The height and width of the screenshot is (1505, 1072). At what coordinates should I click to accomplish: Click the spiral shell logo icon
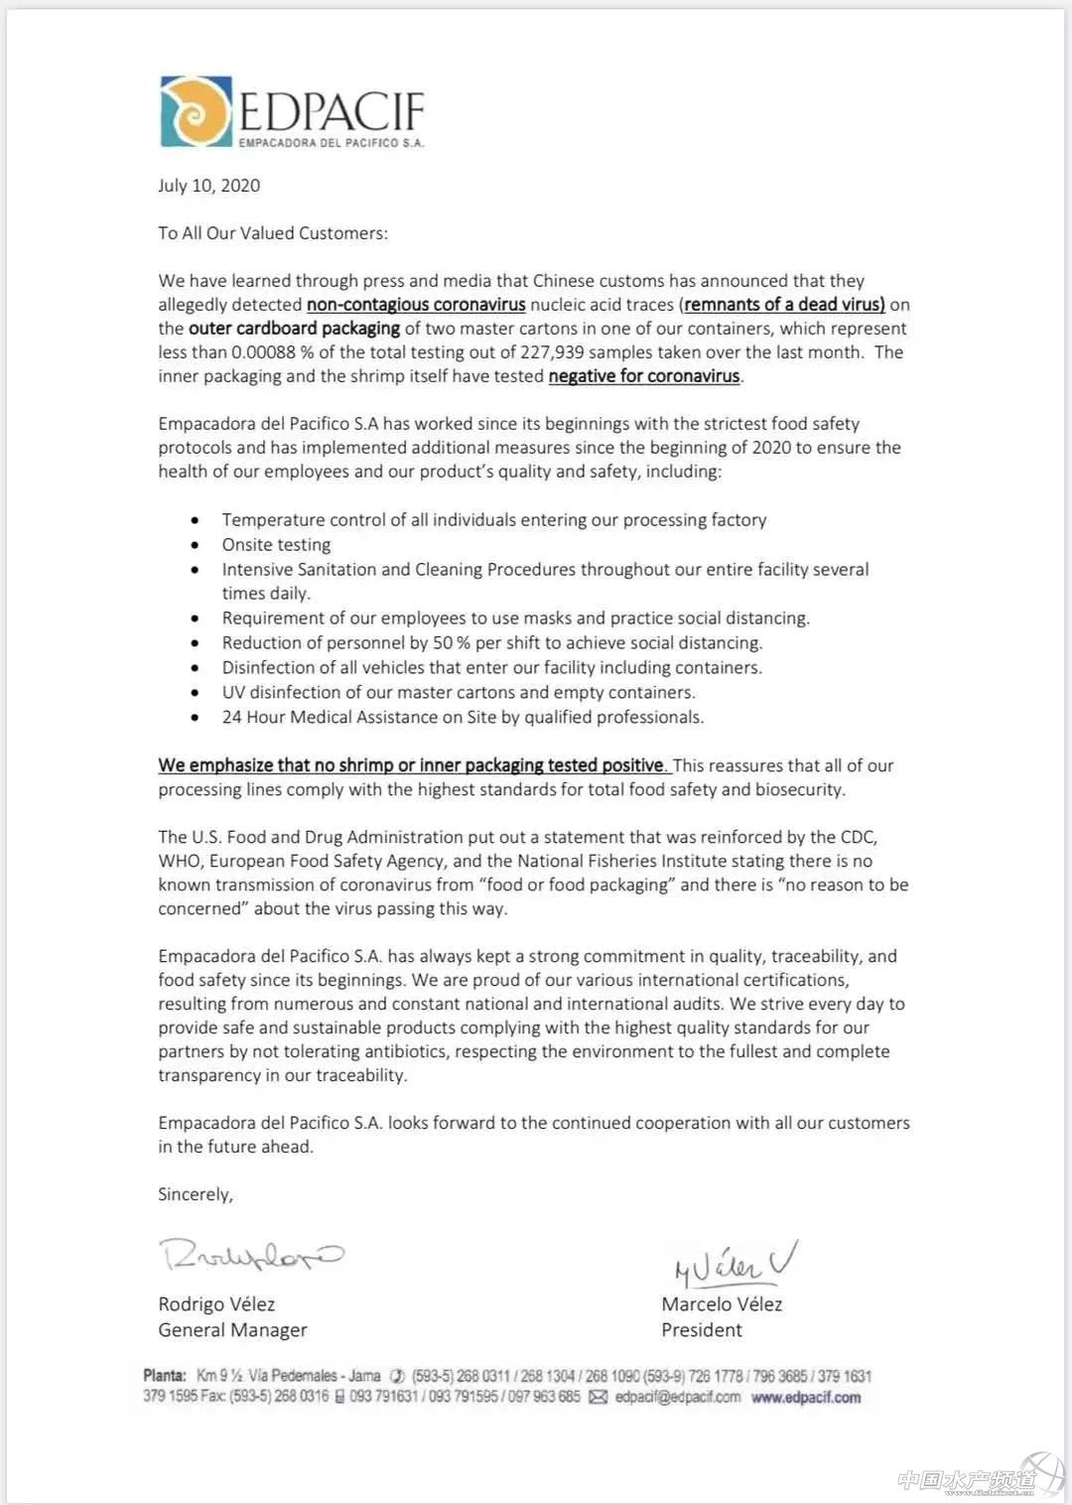tap(197, 111)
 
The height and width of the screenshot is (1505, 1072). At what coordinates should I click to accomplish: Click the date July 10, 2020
tap(209, 186)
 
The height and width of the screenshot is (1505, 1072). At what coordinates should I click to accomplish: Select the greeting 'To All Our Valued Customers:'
tap(273, 233)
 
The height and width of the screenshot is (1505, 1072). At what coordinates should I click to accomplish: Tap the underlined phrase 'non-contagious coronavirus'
tap(416, 305)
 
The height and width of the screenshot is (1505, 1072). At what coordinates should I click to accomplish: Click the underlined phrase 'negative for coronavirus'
tap(644, 376)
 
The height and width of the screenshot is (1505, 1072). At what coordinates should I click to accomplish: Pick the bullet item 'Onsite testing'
tap(276, 545)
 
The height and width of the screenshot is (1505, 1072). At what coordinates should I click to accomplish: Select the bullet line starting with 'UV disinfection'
tap(458, 692)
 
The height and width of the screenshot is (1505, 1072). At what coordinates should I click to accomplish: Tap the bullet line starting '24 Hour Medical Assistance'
tap(463, 717)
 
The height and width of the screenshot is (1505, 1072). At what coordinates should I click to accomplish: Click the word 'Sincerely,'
tap(196, 1194)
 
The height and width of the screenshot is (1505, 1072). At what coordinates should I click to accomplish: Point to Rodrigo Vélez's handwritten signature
tap(251, 1256)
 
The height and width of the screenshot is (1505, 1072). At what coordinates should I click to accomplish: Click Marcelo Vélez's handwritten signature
tap(735, 1263)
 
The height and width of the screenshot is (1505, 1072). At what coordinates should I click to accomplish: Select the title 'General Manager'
tap(232, 1330)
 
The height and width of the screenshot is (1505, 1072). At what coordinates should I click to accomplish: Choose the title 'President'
tap(702, 1330)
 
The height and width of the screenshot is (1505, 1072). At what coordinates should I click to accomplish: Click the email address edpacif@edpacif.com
tap(678, 1398)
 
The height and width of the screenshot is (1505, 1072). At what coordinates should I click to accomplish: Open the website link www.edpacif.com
tap(806, 1398)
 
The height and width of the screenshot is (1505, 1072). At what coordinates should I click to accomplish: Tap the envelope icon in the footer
tap(599, 1398)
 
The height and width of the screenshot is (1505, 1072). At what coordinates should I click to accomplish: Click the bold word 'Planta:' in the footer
tap(165, 1376)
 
